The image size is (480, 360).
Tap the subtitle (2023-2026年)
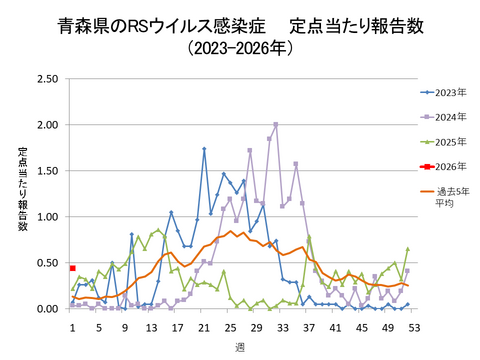tap(240, 47)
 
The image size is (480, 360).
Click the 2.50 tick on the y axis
tap(45, 79)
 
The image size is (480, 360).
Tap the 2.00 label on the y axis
tap(45, 125)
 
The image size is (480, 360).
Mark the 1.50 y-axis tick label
tap(45, 171)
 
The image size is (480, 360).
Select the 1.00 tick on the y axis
tap(45, 217)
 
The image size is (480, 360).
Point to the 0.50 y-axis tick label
tap(45, 263)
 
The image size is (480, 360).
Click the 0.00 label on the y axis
tap(45, 309)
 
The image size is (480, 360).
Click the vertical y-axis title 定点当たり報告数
tap(22, 194)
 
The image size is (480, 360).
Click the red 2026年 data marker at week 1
tap(73, 268)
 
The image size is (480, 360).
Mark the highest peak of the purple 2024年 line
tap(276, 125)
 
